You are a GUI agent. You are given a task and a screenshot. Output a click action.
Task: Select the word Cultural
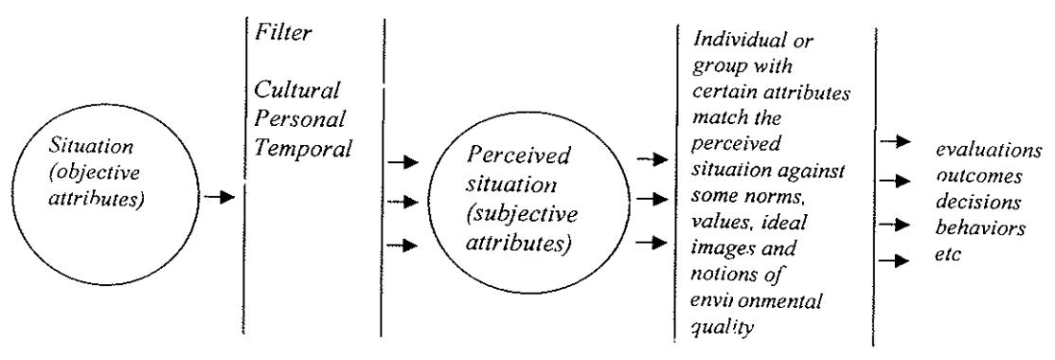pyautogui.click(x=296, y=89)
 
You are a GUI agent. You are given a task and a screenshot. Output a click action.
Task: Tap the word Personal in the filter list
pyautogui.click(x=299, y=119)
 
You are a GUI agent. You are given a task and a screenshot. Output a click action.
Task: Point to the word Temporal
pyautogui.click(x=302, y=149)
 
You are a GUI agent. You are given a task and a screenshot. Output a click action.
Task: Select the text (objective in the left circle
pyautogui.click(x=94, y=173)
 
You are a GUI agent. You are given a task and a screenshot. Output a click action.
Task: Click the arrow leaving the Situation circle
pyautogui.click(x=218, y=196)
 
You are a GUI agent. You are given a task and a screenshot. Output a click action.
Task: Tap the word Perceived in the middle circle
pyautogui.click(x=517, y=156)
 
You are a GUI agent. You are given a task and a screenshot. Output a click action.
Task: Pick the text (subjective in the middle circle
pyautogui.click(x=522, y=215)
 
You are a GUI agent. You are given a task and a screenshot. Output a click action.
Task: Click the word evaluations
pyautogui.click(x=989, y=150)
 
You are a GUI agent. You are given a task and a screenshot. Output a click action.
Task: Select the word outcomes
pyautogui.click(x=979, y=176)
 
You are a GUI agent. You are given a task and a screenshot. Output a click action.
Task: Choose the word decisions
pyautogui.click(x=978, y=202)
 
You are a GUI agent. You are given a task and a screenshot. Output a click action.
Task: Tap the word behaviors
pyautogui.click(x=980, y=227)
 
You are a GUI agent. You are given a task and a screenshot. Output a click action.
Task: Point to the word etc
pyautogui.click(x=948, y=254)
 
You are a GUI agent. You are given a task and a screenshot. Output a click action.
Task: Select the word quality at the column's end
pyautogui.click(x=722, y=328)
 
